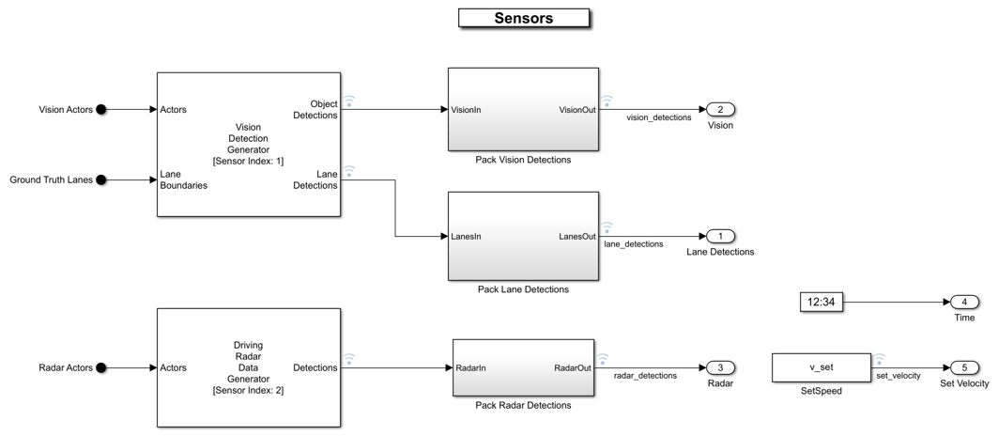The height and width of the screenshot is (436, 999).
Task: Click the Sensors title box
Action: (x=524, y=18)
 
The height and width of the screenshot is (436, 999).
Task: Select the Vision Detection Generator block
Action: (x=249, y=144)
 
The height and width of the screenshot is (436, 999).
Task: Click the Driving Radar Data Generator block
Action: (x=249, y=367)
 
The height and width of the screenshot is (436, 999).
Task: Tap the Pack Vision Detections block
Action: (x=523, y=109)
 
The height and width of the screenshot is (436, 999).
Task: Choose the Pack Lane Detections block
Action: (x=523, y=236)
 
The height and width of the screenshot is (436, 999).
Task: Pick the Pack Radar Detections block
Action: (x=523, y=367)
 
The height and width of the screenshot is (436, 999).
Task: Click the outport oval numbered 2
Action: (x=720, y=110)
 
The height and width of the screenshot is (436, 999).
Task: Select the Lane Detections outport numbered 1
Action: (x=720, y=237)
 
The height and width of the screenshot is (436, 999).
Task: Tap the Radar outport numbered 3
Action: (x=720, y=367)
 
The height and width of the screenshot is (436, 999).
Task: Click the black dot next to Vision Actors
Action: (x=101, y=110)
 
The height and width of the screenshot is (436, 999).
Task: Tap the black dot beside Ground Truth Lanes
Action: (x=101, y=179)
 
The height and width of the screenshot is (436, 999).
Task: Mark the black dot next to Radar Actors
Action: (x=101, y=367)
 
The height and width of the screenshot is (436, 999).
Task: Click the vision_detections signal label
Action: (x=659, y=117)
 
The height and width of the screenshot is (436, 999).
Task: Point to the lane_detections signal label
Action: (x=633, y=244)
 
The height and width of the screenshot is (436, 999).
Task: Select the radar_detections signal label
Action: (x=645, y=376)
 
